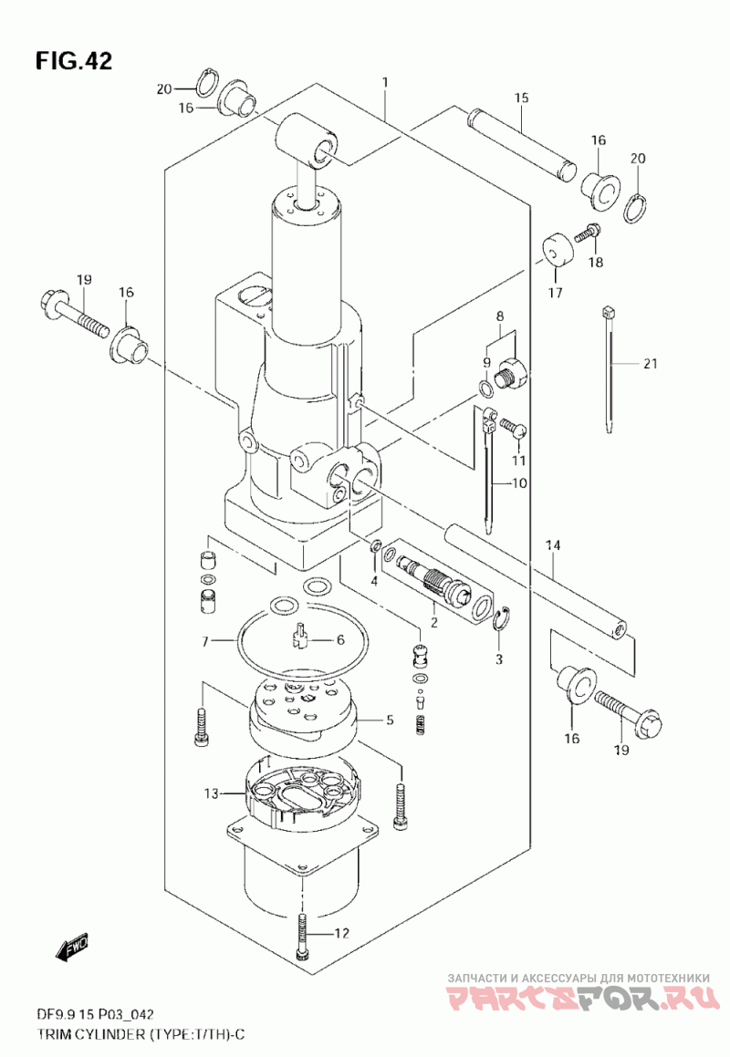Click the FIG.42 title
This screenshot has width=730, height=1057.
pyautogui.click(x=74, y=61)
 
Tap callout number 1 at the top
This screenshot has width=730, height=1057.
pyautogui.click(x=384, y=82)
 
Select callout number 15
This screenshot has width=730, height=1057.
pyautogui.click(x=521, y=98)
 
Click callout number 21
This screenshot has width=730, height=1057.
pyautogui.click(x=650, y=364)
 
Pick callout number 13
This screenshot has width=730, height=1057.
pyautogui.click(x=212, y=794)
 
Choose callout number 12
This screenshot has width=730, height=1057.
pyautogui.click(x=343, y=933)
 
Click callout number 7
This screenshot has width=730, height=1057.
pyautogui.click(x=206, y=641)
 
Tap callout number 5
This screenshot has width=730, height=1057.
pyautogui.click(x=390, y=720)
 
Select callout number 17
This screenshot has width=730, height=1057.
pyautogui.click(x=555, y=293)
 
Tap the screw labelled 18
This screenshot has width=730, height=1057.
pyautogui.click(x=588, y=233)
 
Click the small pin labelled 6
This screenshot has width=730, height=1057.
pyautogui.click(x=299, y=635)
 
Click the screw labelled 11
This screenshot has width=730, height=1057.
pyautogui.click(x=513, y=426)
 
